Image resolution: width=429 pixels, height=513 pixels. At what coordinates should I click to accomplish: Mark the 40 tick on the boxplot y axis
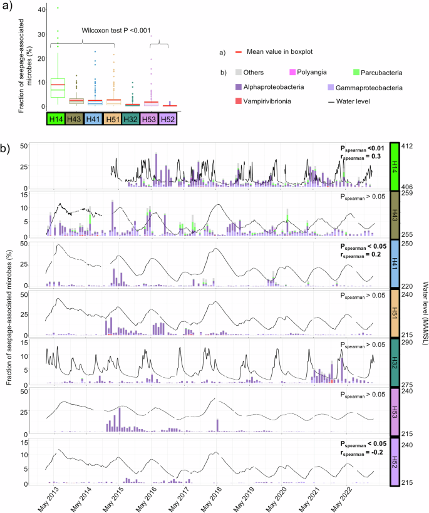point(41,9)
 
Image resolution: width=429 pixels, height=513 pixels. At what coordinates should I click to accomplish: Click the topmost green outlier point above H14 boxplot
point(58,8)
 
